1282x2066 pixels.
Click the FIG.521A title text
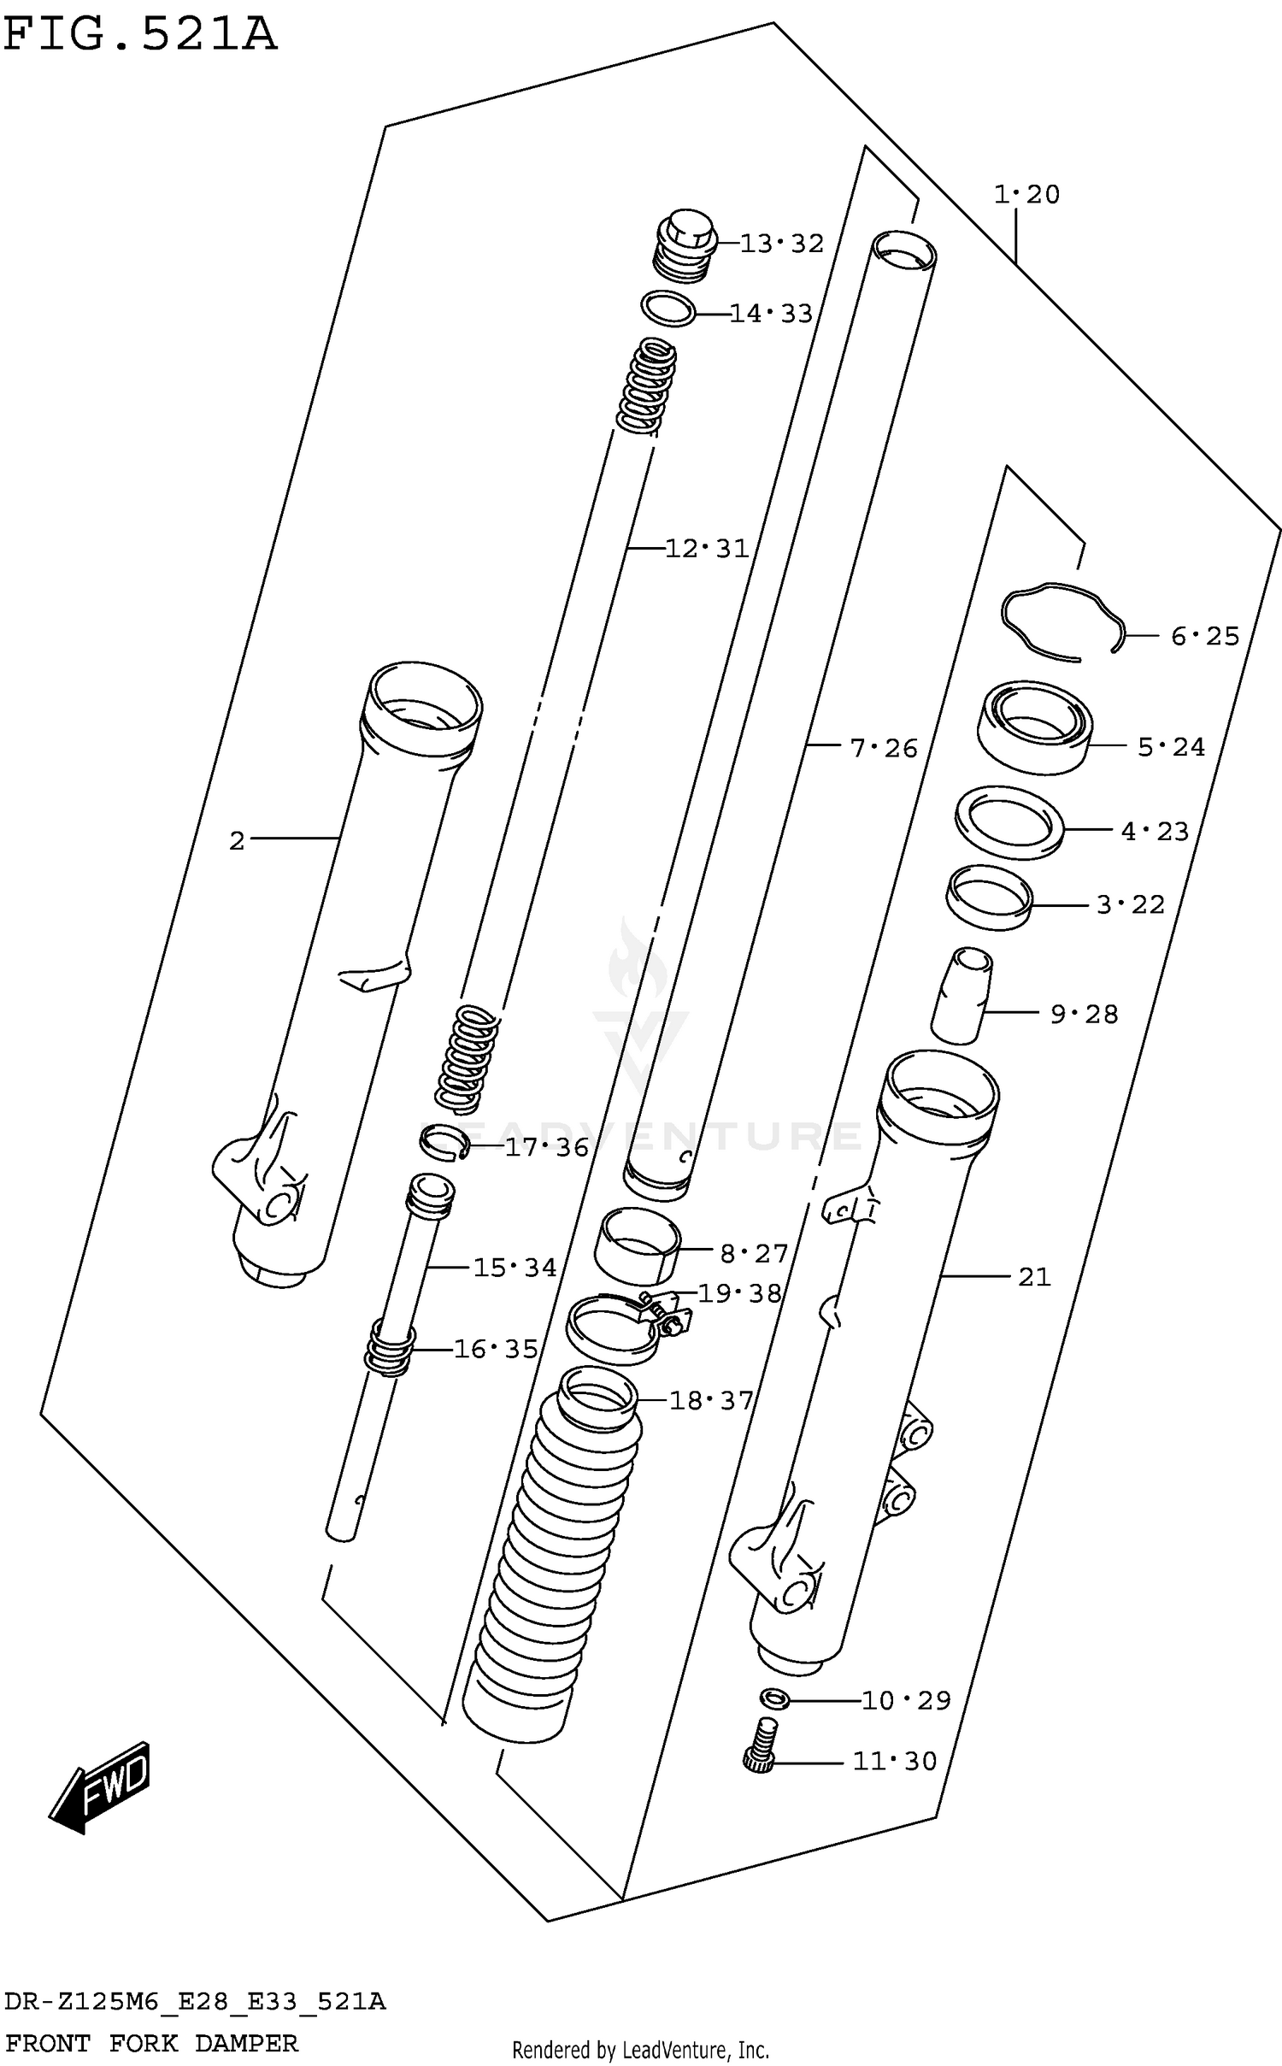tap(141, 36)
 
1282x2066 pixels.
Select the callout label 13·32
tap(781, 244)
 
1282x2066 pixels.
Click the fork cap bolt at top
tap(685, 245)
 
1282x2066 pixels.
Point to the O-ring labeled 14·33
tap(667, 309)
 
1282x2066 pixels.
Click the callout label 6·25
tap(1204, 636)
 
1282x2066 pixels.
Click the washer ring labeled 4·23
tap(1009, 823)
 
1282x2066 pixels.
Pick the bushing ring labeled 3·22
tap(989, 898)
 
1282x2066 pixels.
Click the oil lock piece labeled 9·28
tap(961, 996)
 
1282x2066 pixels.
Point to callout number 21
tap(1033, 1277)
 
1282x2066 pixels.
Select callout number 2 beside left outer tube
tap(237, 841)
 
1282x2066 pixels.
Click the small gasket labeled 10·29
tap(773, 1698)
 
